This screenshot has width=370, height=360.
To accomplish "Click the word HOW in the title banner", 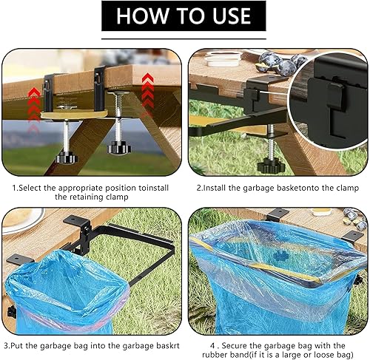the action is click(138, 16).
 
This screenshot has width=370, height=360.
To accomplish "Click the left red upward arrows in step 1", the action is click(34, 109).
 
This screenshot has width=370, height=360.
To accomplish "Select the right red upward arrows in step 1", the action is click(148, 92).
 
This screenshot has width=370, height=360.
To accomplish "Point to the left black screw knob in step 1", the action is click(67, 157).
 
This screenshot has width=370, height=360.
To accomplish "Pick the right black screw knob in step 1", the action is click(118, 149).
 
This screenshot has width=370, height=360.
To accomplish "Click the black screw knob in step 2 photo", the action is click(271, 167).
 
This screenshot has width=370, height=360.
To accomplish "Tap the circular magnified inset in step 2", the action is click(328, 101).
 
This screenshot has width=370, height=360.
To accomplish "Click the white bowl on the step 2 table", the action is click(223, 59).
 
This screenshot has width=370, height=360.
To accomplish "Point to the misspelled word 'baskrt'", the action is click(168, 346).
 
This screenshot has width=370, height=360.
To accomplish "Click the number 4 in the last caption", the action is click(212, 346).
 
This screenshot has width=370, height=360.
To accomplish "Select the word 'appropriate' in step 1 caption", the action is click(80, 189).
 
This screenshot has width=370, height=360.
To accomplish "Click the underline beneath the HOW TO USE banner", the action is click(184, 38).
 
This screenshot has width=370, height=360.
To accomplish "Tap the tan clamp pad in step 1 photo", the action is click(74, 115).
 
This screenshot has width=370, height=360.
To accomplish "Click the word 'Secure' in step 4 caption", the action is click(235, 346).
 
